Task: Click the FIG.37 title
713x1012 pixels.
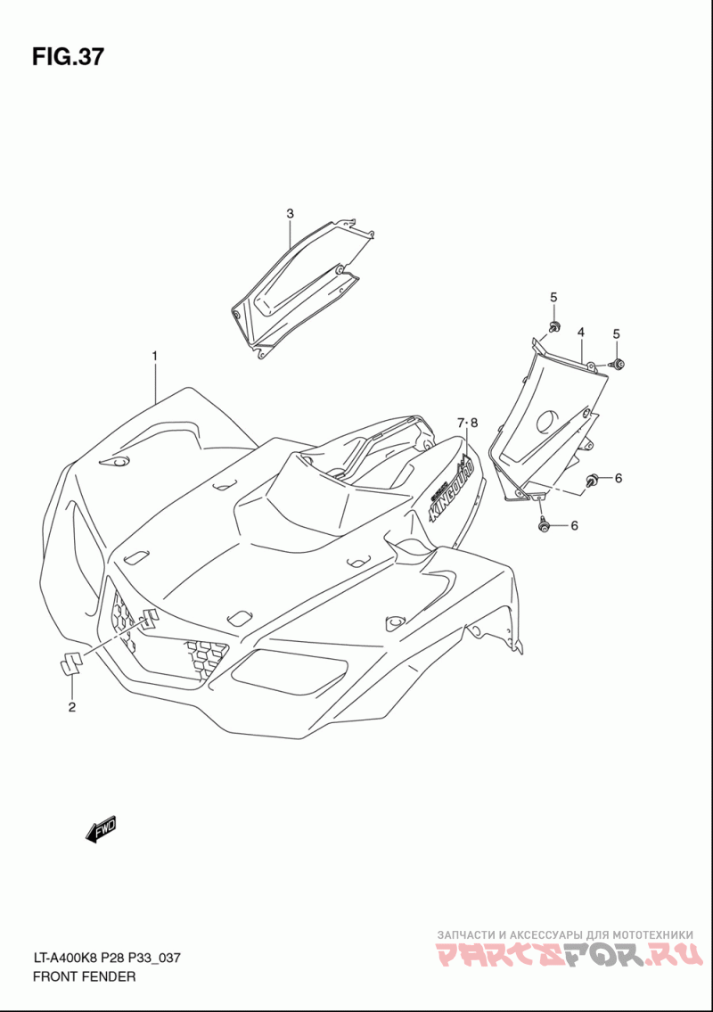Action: (68, 57)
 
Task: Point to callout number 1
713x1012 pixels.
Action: (154, 356)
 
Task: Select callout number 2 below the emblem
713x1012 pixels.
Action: (72, 708)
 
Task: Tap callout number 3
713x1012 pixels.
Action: (290, 213)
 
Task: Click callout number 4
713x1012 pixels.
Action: (580, 333)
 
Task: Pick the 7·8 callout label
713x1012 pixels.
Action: (468, 423)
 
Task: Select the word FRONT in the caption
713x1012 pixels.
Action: (56, 976)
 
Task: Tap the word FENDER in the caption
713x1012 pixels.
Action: (111, 976)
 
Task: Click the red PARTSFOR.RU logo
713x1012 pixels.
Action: (567, 957)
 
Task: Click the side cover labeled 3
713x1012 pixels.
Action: (299, 285)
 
